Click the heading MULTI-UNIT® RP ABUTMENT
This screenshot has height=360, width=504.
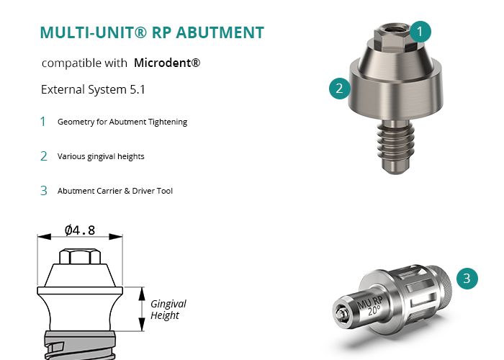pyautogui.click(x=152, y=33)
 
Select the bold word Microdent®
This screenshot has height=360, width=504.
pyautogui.click(x=167, y=63)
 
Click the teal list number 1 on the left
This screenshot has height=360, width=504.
pyautogui.click(x=43, y=122)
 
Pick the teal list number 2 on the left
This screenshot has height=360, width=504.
pyautogui.click(x=43, y=156)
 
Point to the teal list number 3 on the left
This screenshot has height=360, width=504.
pyautogui.click(x=43, y=191)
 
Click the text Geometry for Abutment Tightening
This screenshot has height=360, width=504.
pyautogui.click(x=122, y=122)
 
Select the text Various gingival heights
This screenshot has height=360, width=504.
pyautogui.click(x=102, y=156)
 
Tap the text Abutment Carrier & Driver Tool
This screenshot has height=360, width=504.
pyautogui.click(x=115, y=191)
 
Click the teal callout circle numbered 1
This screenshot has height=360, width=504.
pyautogui.click(x=422, y=31)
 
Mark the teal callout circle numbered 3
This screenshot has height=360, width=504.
pyautogui.click(x=467, y=279)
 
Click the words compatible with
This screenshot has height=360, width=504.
pyautogui.click(x=84, y=63)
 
